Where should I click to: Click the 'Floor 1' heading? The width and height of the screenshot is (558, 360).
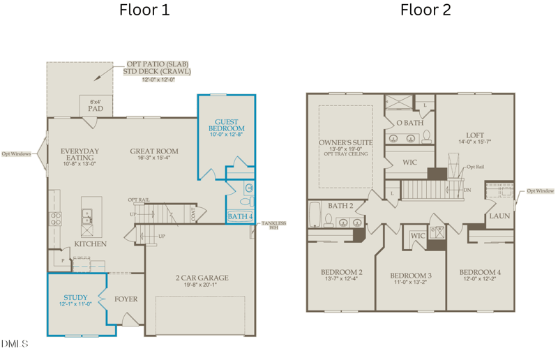(x=144, y=10)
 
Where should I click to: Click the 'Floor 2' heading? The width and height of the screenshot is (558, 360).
(x=425, y=10)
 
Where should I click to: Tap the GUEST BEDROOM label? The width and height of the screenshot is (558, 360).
(x=227, y=126)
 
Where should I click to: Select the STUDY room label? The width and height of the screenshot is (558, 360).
(x=75, y=298)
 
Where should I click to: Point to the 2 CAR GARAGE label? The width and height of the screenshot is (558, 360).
(x=202, y=278)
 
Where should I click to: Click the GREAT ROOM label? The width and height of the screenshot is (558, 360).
(x=153, y=151)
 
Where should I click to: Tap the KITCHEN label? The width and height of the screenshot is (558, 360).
(x=91, y=244)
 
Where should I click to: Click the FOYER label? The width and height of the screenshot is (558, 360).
(x=126, y=299)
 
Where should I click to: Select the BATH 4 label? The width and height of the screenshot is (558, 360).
(x=240, y=217)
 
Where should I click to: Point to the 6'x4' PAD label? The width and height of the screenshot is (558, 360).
(x=96, y=105)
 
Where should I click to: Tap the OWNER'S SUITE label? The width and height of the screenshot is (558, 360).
(x=345, y=142)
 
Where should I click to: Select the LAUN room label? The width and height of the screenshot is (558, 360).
(x=499, y=216)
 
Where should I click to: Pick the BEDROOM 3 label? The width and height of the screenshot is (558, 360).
(x=411, y=276)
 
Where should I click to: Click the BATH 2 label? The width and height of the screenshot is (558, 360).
(x=342, y=206)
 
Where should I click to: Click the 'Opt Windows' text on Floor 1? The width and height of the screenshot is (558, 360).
(x=15, y=153)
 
